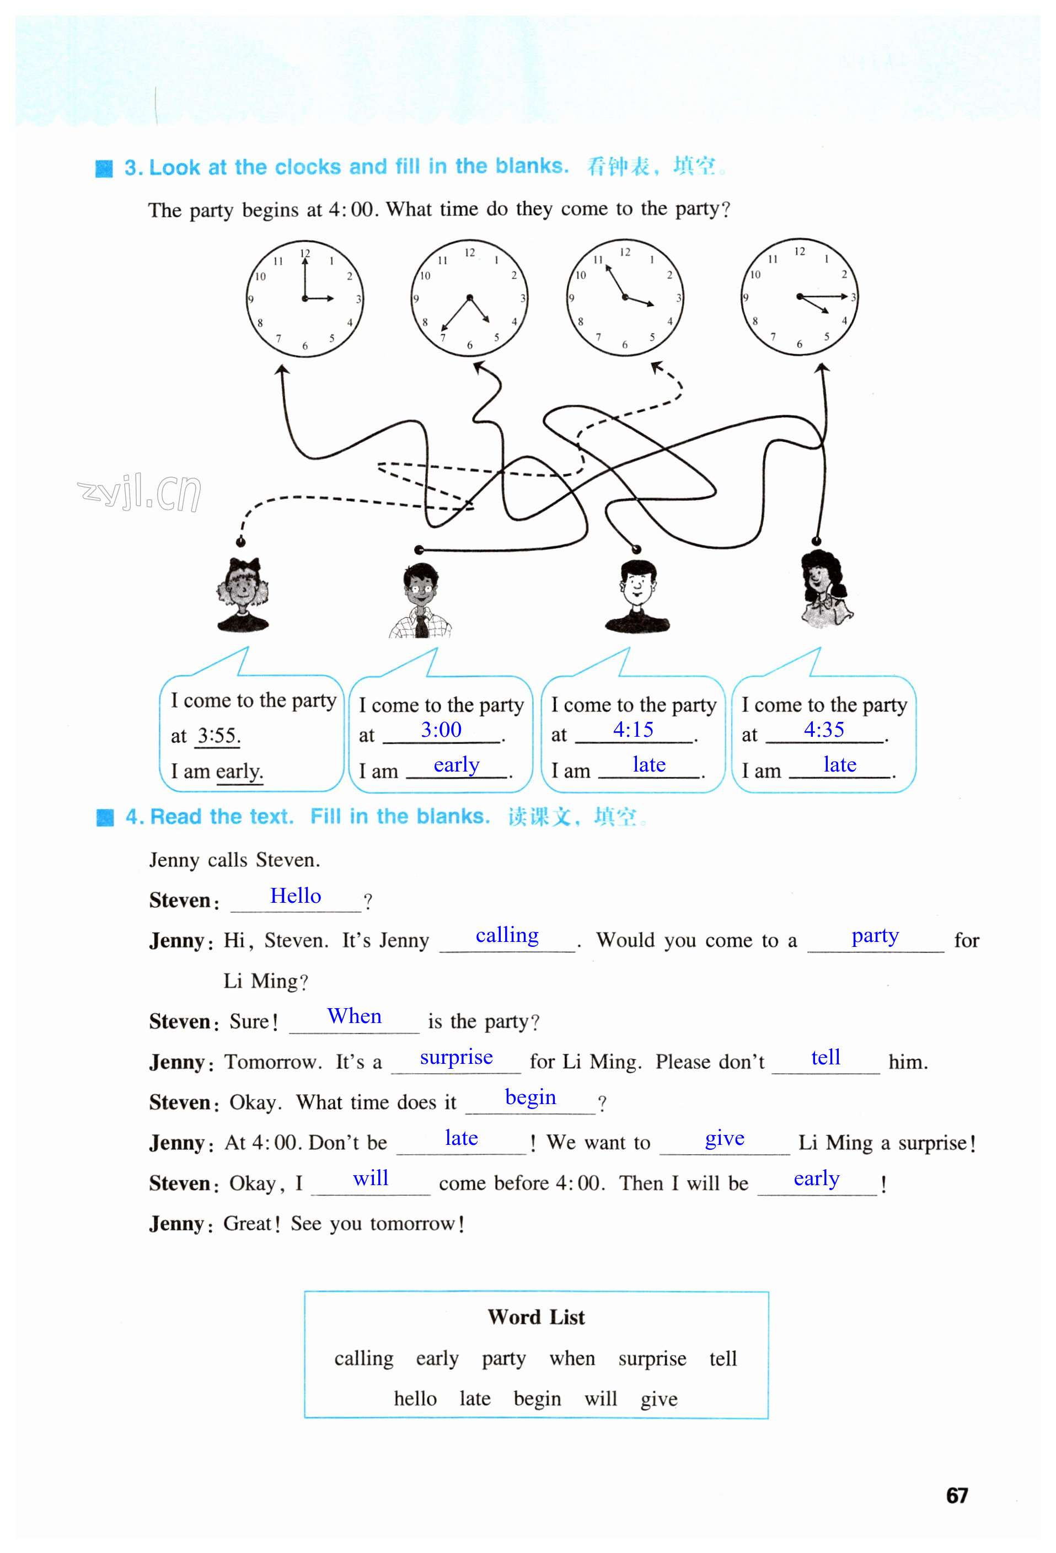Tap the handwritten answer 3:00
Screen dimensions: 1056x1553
(x=441, y=730)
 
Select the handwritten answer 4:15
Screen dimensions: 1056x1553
(x=633, y=730)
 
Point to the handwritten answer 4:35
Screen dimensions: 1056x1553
(x=823, y=730)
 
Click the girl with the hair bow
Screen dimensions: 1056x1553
(x=243, y=595)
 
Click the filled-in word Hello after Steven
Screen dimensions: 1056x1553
(x=296, y=896)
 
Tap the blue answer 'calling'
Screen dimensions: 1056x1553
(x=507, y=935)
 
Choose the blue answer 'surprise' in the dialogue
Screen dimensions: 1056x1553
(x=456, y=1057)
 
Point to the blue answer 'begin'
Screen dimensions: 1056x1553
(x=530, y=1097)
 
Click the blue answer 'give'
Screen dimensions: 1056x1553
(x=725, y=1138)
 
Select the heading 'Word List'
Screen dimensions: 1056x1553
(x=536, y=1317)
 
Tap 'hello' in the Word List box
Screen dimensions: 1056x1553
(x=415, y=1399)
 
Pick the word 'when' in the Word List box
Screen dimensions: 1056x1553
(x=572, y=1358)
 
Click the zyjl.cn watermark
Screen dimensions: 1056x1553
(x=139, y=492)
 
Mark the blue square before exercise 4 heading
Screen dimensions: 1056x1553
(x=105, y=817)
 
